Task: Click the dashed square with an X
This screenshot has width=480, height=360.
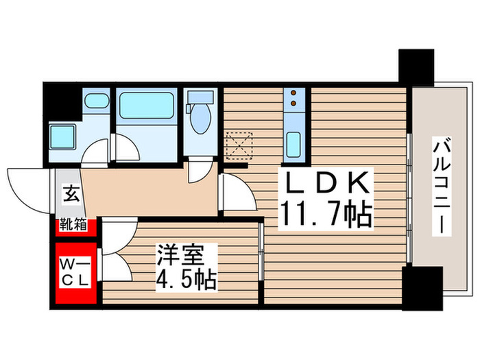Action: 239,145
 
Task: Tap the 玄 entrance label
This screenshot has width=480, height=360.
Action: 71,193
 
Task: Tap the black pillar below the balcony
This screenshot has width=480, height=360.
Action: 419,287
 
